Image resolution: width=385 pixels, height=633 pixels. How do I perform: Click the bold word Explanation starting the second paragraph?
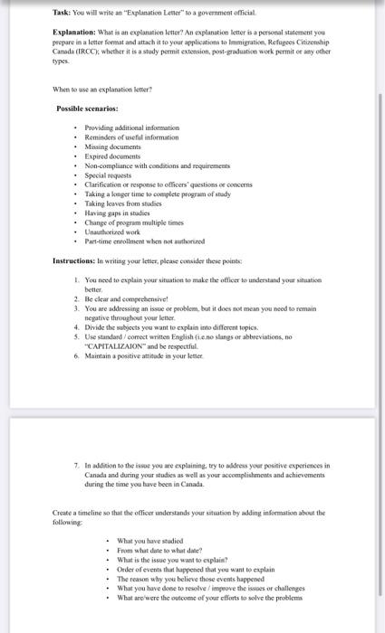pos(74,33)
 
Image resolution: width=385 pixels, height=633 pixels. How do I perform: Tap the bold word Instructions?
pos(76,261)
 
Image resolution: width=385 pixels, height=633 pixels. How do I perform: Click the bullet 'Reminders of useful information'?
pos(132,137)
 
